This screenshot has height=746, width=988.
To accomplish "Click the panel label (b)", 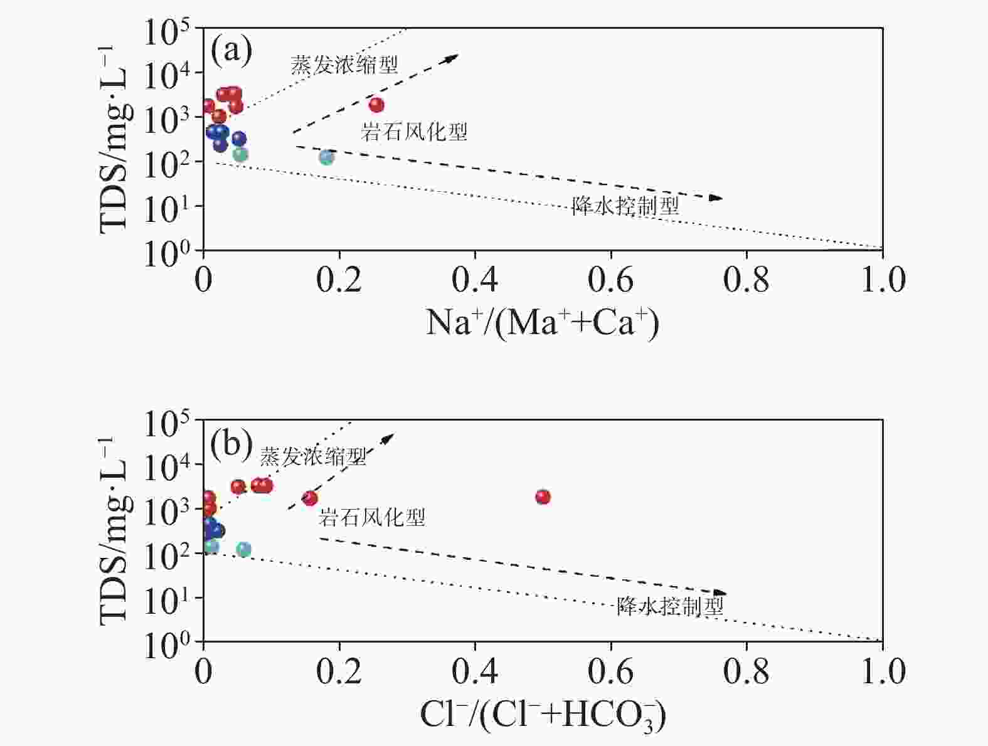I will (x=231, y=443).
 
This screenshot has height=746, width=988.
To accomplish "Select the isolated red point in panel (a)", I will (x=376, y=105).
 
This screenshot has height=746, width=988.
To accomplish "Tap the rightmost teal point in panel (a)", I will (x=326, y=157).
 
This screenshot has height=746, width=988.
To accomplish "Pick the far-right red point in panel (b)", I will (x=543, y=497).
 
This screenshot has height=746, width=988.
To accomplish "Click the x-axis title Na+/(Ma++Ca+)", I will (x=543, y=323).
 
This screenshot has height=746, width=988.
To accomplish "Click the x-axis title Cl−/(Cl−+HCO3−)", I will (x=543, y=715).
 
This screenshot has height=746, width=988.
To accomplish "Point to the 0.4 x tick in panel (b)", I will (x=475, y=671).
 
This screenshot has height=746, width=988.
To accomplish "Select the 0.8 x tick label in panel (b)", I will (x=746, y=671).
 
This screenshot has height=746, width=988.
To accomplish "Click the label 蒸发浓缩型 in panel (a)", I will (x=344, y=65).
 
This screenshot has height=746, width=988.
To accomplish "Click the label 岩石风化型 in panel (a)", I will (x=415, y=132).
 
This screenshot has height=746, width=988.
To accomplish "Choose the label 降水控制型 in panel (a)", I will (x=625, y=206).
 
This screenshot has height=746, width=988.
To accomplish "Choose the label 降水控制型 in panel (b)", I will (x=671, y=606).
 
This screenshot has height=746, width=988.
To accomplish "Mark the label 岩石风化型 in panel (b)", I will (x=372, y=517).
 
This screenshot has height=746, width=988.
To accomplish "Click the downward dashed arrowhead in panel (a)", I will (x=716, y=198).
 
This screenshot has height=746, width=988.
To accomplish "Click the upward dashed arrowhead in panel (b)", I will (x=388, y=438).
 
